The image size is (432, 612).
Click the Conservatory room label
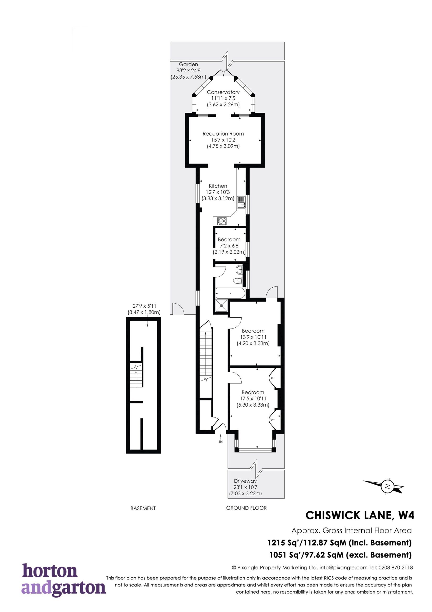click(223, 92)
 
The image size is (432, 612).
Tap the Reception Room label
click(223, 134)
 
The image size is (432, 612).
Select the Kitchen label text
click(218, 186)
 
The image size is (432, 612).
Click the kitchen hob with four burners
click(222, 221)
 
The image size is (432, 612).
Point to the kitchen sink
click(241, 202)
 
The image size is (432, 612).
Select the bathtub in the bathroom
click(230, 293)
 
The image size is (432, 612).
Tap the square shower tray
click(221, 306)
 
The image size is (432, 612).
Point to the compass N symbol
click(388, 486)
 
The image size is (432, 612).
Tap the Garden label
click(189, 64)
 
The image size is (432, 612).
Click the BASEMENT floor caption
click(143, 508)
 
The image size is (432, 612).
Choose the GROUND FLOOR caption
click(246, 508)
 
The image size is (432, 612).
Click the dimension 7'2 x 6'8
click(229, 246)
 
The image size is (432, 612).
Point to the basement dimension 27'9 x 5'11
click(144, 306)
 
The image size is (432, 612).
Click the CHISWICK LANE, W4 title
click(360, 515)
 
